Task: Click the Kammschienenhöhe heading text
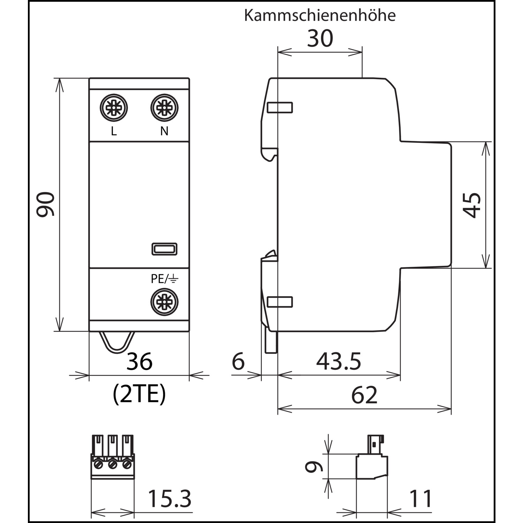coord(320,16)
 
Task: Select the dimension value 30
coord(320,38)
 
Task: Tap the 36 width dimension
coord(139,361)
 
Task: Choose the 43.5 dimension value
coord(339,361)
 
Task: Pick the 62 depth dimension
coord(364,395)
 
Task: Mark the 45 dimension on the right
coord(473,205)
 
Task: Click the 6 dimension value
coord(238,361)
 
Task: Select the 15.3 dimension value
coord(170,499)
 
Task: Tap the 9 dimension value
coord(314,467)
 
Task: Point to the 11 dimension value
coord(421,499)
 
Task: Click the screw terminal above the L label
coord(114,108)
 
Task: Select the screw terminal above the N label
coord(164,108)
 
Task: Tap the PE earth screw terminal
coord(164,302)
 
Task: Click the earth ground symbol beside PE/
coord(174,279)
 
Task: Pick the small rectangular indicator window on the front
coord(165,249)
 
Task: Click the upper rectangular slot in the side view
coord(280,107)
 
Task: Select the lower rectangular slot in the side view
coord(280,302)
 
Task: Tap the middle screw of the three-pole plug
coord(112,464)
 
